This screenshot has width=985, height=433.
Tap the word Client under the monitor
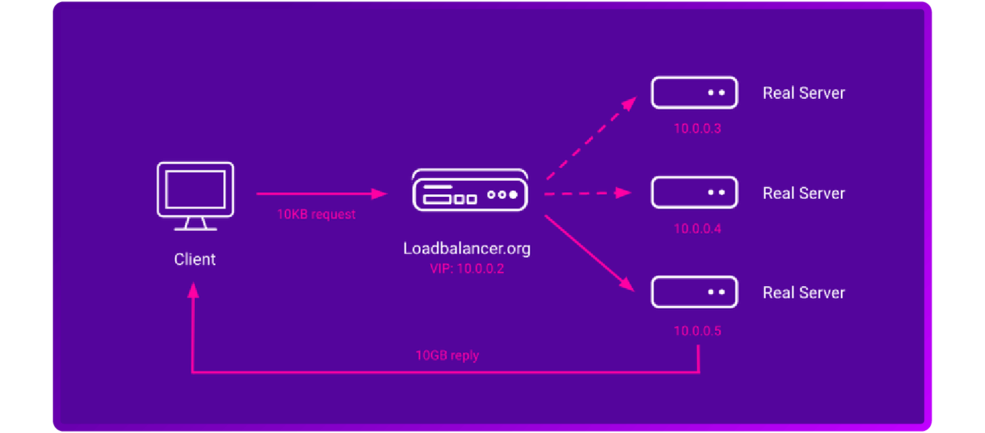[195, 259]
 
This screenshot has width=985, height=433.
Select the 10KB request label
[316, 214]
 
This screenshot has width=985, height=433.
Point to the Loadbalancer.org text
[467, 248]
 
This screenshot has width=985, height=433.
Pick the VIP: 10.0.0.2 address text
[467, 269]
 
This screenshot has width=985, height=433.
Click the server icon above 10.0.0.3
[694, 92]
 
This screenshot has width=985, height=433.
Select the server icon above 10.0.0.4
[694, 193]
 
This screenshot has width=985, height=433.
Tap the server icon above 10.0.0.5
[694, 292]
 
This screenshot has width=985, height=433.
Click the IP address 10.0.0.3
[697, 129]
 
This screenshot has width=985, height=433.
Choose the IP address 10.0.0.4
[697, 229]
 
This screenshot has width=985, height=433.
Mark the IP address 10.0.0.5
[697, 331]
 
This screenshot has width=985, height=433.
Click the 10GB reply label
[447, 355]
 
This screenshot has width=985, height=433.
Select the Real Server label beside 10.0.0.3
[804, 93]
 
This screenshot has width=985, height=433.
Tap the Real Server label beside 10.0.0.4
[804, 193]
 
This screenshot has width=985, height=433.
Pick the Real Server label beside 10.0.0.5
[804, 292]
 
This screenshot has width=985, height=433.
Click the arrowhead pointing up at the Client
[193, 290]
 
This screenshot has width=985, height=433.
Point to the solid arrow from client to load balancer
[321, 193]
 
